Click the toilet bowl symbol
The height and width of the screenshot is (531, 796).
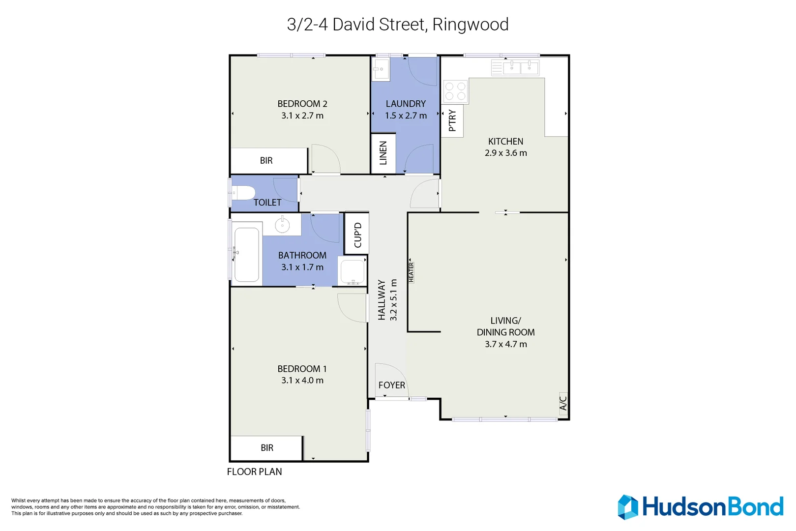pos(243,193)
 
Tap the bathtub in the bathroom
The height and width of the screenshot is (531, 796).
pos(247,254)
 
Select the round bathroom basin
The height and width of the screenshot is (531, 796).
pos(282,225)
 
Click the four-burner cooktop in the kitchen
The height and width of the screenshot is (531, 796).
pos(455,91)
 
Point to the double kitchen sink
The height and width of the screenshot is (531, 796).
pos(520,67)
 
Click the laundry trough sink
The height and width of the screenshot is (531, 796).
pos(380,69)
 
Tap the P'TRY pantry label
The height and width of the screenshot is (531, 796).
pos(452,120)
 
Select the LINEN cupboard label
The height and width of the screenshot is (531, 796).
pos(383,153)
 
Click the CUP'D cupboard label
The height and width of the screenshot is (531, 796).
pos(357,235)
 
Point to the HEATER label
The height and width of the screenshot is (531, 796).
pos(412,272)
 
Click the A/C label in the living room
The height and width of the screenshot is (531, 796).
pos(563,402)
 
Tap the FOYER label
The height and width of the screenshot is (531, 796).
pos(392,385)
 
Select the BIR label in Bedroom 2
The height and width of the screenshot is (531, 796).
pos(266,161)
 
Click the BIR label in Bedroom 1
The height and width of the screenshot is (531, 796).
pos(267,448)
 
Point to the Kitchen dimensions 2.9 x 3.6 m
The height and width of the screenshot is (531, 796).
pos(505,153)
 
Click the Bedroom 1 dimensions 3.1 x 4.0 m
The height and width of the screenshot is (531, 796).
pos(302,381)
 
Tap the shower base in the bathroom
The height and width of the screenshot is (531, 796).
pos(353,271)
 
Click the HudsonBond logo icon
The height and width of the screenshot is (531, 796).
pos(628,507)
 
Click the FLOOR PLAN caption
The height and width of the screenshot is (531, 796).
pos(254,472)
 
